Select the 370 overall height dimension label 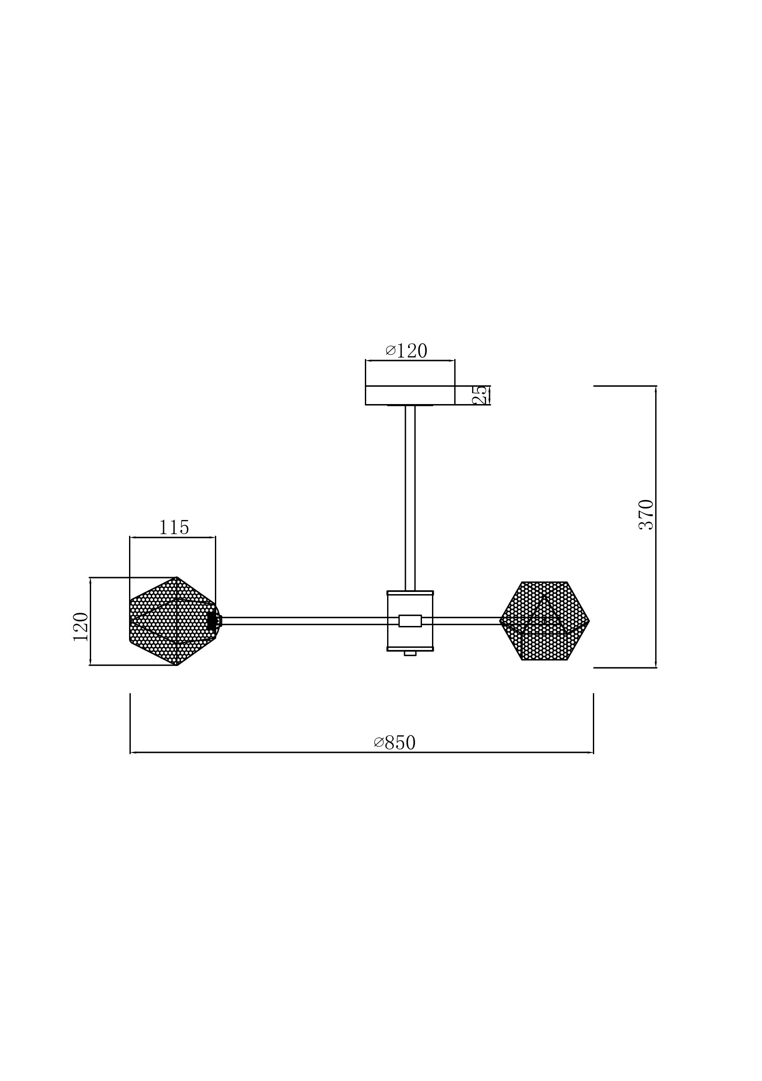[x=646, y=515]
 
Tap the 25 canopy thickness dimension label [x=480, y=395]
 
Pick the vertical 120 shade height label [x=81, y=627]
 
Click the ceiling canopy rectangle [x=410, y=395]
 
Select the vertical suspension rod [x=410, y=498]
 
